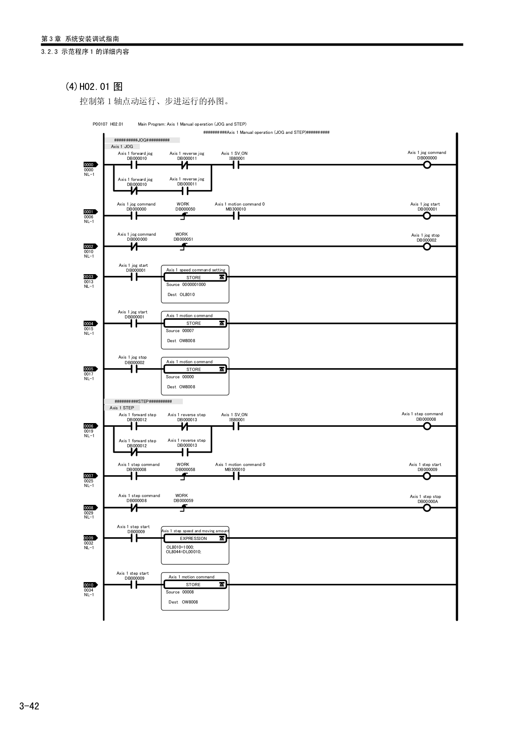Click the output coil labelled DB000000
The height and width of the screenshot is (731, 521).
(427, 164)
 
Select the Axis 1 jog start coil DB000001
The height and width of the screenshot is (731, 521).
(427, 216)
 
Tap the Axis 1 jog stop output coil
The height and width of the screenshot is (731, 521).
(427, 247)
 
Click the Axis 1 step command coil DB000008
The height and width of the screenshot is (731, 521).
(427, 426)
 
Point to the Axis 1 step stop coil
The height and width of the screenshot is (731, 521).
(427, 508)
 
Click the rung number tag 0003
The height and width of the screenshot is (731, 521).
(90, 277)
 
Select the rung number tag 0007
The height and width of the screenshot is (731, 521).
(90, 476)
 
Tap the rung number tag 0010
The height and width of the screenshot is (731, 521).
(90, 585)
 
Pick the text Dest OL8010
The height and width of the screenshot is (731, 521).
(181, 295)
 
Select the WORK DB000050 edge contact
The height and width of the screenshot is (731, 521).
(184, 216)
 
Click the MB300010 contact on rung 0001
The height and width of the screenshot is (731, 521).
(236, 216)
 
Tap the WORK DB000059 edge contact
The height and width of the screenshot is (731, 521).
(184, 508)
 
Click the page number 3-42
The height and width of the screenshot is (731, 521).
(29, 706)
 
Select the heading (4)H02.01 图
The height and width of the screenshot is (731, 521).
(94, 86)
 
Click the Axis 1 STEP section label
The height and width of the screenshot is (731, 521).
(122, 408)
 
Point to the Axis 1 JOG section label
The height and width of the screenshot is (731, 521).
(122, 147)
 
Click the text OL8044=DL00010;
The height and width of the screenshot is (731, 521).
(184, 552)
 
